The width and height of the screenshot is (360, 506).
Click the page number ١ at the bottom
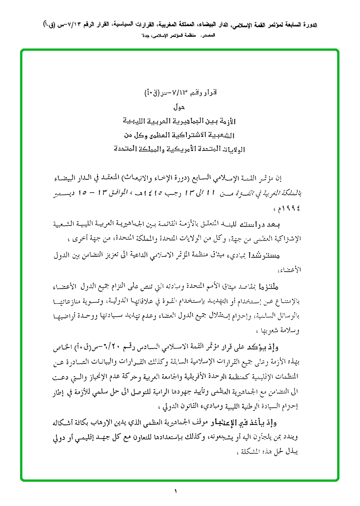pos(176,491)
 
